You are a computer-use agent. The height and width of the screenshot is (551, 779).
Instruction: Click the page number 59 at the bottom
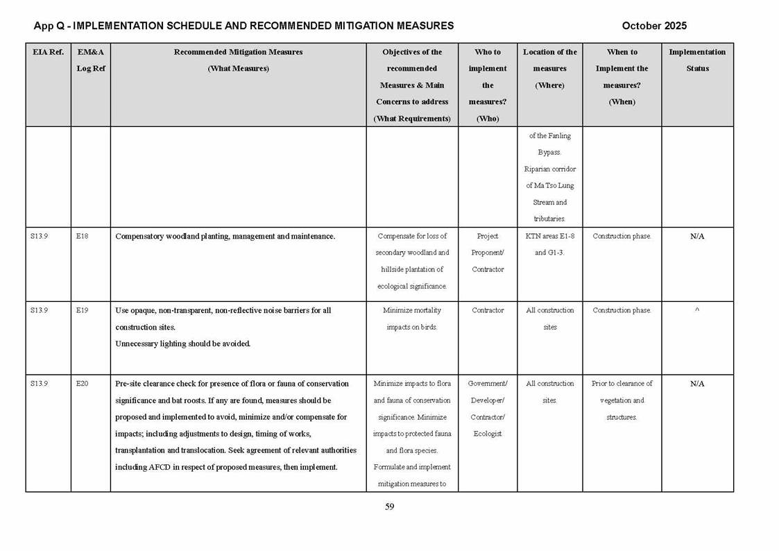389,507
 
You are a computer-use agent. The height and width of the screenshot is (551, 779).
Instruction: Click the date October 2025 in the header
654,26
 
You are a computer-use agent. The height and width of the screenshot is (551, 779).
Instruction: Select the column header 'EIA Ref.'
48,52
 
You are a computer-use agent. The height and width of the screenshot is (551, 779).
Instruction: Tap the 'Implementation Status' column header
697,60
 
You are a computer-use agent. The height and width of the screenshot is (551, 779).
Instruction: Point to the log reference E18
82,237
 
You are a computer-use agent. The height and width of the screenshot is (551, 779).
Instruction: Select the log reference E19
82,310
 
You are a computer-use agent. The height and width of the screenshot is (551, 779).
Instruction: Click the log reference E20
82,384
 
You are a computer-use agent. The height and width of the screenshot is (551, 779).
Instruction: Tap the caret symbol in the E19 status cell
697,310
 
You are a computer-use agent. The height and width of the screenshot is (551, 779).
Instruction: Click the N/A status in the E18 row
697,237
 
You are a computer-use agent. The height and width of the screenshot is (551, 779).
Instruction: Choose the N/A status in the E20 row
697,384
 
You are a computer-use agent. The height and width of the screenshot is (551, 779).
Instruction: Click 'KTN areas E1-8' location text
549,237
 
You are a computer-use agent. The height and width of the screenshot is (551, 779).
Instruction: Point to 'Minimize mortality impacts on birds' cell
412,319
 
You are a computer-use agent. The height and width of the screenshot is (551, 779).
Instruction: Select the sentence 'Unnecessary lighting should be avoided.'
182,344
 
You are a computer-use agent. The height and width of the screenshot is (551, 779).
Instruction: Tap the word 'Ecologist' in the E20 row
488,434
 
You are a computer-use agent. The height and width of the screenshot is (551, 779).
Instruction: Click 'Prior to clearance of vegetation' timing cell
622,391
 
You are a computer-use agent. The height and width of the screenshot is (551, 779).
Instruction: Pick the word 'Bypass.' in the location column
549,152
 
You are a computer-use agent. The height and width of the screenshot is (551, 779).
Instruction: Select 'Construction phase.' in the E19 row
622,310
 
